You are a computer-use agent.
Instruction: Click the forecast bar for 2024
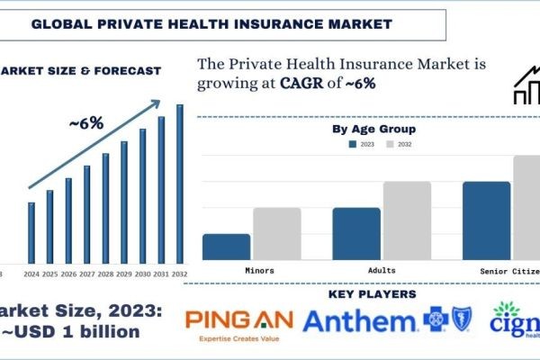tap(31, 230)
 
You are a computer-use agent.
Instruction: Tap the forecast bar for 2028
tap(105, 206)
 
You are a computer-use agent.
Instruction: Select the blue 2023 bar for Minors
tap(226, 247)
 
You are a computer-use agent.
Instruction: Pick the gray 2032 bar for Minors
tap(276, 233)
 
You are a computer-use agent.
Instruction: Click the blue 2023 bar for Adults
tap(356, 233)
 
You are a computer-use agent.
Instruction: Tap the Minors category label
tap(259, 270)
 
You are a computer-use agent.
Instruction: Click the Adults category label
tap(382, 270)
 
